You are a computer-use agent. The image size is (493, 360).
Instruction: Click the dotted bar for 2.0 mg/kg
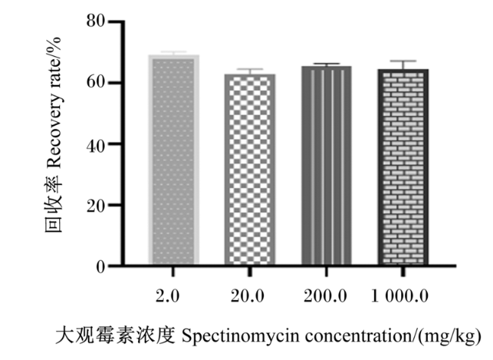point(174,159)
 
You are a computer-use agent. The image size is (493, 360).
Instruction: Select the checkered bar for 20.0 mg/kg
point(250,169)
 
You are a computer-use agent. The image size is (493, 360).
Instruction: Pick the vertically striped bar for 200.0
point(326,165)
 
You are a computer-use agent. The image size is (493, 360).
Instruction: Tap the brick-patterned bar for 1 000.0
point(403,167)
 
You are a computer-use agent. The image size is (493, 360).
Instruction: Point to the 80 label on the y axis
point(96,21)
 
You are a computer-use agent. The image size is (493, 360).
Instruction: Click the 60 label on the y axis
point(96,82)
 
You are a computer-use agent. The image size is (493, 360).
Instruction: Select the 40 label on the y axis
point(96,146)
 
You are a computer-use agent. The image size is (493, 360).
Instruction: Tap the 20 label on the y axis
point(96,206)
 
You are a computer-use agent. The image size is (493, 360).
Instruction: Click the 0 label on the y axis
point(101,268)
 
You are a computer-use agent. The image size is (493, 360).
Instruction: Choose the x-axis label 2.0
point(168,296)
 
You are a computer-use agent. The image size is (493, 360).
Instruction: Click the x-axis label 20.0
point(247,296)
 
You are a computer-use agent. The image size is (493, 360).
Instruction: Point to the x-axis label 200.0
point(325,296)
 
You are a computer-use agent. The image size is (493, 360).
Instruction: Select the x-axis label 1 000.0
point(400,296)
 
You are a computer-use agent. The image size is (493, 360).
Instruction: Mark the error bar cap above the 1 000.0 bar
point(403,61)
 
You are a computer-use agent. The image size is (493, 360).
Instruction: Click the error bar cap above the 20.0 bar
point(250,69)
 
